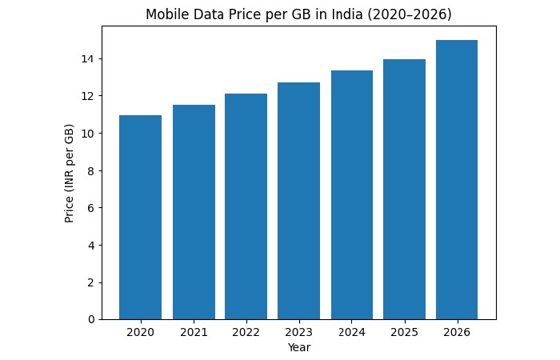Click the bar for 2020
tap(140, 218)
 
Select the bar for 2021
tap(193, 212)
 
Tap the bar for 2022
tap(246, 206)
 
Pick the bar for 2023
tap(298, 201)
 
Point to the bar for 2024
tap(351, 195)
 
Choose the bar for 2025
tap(404, 190)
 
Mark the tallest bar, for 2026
tap(457, 180)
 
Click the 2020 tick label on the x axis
tap(140, 332)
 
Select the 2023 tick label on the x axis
tap(298, 332)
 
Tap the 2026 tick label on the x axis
tap(457, 332)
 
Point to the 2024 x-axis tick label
tap(351, 332)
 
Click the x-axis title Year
tap(298, 347)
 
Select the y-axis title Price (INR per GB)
tap(70, 173)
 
